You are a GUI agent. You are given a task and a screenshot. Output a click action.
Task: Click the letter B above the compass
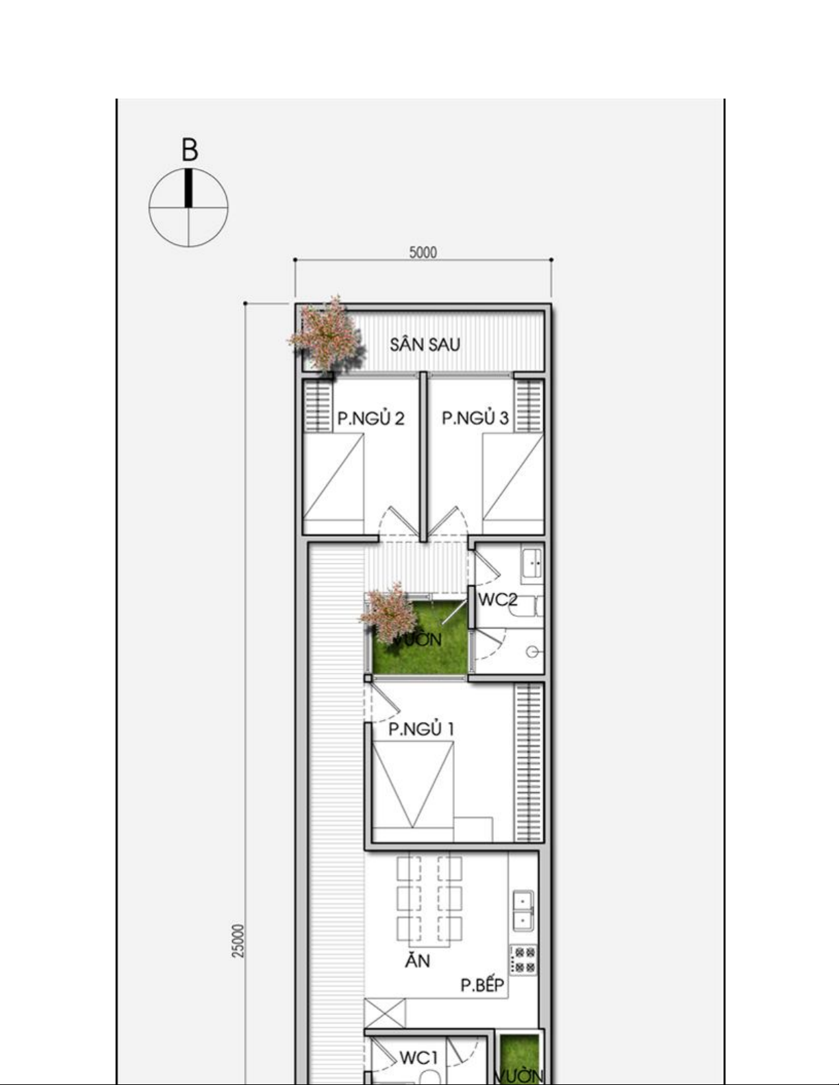click(x=190, y=150)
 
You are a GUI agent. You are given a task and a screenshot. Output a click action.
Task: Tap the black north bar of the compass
click(x=188, y=188)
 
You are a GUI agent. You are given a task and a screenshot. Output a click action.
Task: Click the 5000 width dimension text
click(x=423, y=253)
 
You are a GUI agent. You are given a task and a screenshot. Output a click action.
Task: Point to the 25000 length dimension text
click(x=239, y=941)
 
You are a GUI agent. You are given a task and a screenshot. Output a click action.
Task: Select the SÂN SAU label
click(x=425, y=344)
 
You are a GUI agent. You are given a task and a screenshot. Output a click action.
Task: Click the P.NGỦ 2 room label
click(x=371, y=418)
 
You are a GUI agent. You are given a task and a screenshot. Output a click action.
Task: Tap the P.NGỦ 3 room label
click(x=475, y=418)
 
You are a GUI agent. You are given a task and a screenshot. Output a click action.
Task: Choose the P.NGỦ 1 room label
click(x=421, y=729)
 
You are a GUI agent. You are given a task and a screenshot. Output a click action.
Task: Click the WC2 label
click(x=497, y=600)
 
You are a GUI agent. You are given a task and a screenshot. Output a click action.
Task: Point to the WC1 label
click(x=418, y=1058)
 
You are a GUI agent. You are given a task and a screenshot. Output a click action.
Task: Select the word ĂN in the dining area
click(x=418, y=960)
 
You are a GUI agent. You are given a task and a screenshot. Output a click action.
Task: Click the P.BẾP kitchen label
click(x=482, y=985)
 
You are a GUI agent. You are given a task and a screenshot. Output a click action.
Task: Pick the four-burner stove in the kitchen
click(x=523, y=959)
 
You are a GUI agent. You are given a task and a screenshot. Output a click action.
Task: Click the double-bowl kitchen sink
click(x=523, y=910)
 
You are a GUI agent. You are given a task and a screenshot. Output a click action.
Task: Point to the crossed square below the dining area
click(x=384, y=1013)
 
